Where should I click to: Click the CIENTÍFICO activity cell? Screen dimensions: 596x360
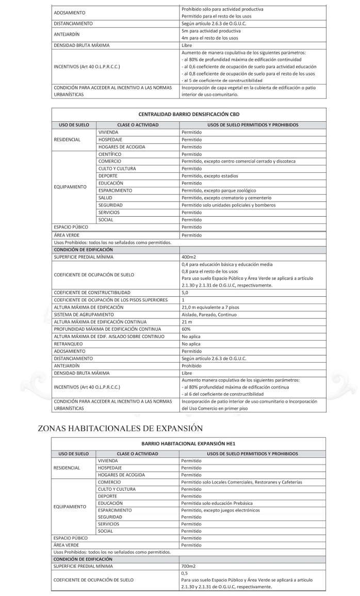tap(109, 154)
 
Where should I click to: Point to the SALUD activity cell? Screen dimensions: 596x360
tap(105, 198)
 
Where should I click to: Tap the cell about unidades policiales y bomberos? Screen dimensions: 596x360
tap(228, 205)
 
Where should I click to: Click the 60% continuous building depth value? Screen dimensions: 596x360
tap(186, 329)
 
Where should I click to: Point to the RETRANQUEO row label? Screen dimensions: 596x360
tap(69, 343)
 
